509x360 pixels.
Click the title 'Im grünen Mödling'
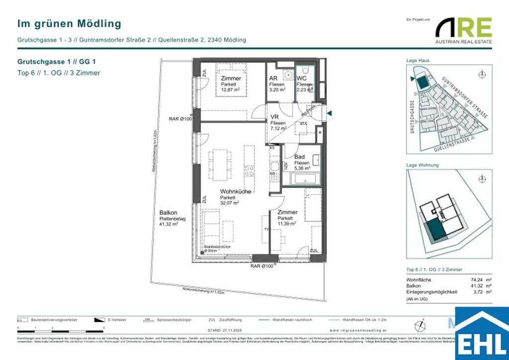pos(69,23)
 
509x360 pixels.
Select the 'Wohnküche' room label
pos(236,191)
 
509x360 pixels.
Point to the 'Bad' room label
pos(299,157)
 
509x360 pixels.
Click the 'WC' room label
pos(302,79)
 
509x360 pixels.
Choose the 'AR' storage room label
pos(273,79)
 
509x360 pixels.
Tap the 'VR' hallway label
pos(274,117)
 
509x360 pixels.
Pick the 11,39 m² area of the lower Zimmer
pos(287,224)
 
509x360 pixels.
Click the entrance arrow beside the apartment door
pos(329,114)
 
